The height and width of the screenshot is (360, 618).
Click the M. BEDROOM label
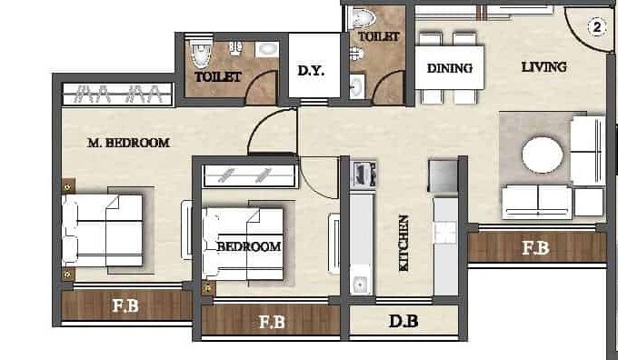coord(128,143)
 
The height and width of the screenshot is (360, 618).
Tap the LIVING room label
coord(543,66)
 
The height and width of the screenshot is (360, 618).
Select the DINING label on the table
coord(449,68)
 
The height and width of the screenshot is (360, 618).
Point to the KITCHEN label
coord(403,243)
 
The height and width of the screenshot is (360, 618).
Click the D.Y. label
coord(312,70)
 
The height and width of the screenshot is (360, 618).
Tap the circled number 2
coord(596,27)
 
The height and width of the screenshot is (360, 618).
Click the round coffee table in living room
coord(542,155)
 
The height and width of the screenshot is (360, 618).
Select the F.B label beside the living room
coord(534,246)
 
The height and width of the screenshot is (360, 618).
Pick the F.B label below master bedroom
coord(125,306)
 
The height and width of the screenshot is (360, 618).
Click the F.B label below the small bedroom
coord(272,321)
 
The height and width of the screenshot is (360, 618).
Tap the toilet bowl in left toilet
coord(197,55)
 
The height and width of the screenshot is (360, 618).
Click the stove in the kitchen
coord(364,173)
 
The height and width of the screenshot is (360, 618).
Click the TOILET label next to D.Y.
coord(218,77)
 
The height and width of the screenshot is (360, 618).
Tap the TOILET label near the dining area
coord(378,37)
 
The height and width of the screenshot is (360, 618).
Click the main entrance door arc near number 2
coord(582,32)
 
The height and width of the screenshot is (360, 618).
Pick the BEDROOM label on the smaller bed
coord(248,246)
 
